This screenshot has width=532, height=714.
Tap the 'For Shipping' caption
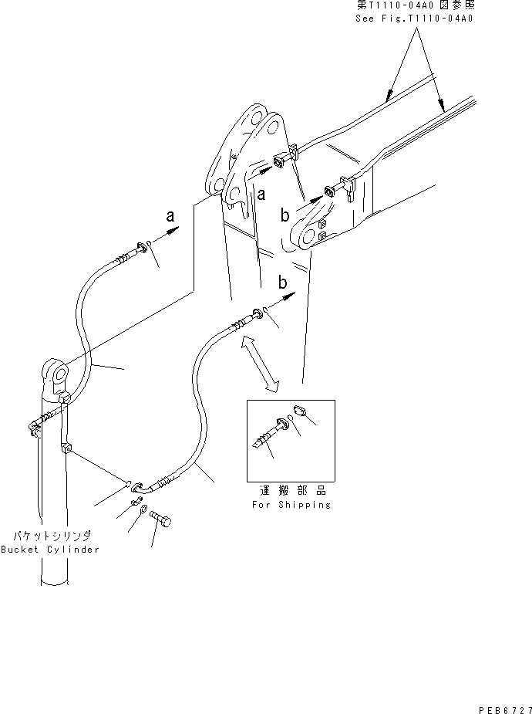tap(291, 504)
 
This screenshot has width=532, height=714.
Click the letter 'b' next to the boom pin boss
tap(286, 215)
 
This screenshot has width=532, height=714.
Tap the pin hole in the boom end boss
tap(303, 235)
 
